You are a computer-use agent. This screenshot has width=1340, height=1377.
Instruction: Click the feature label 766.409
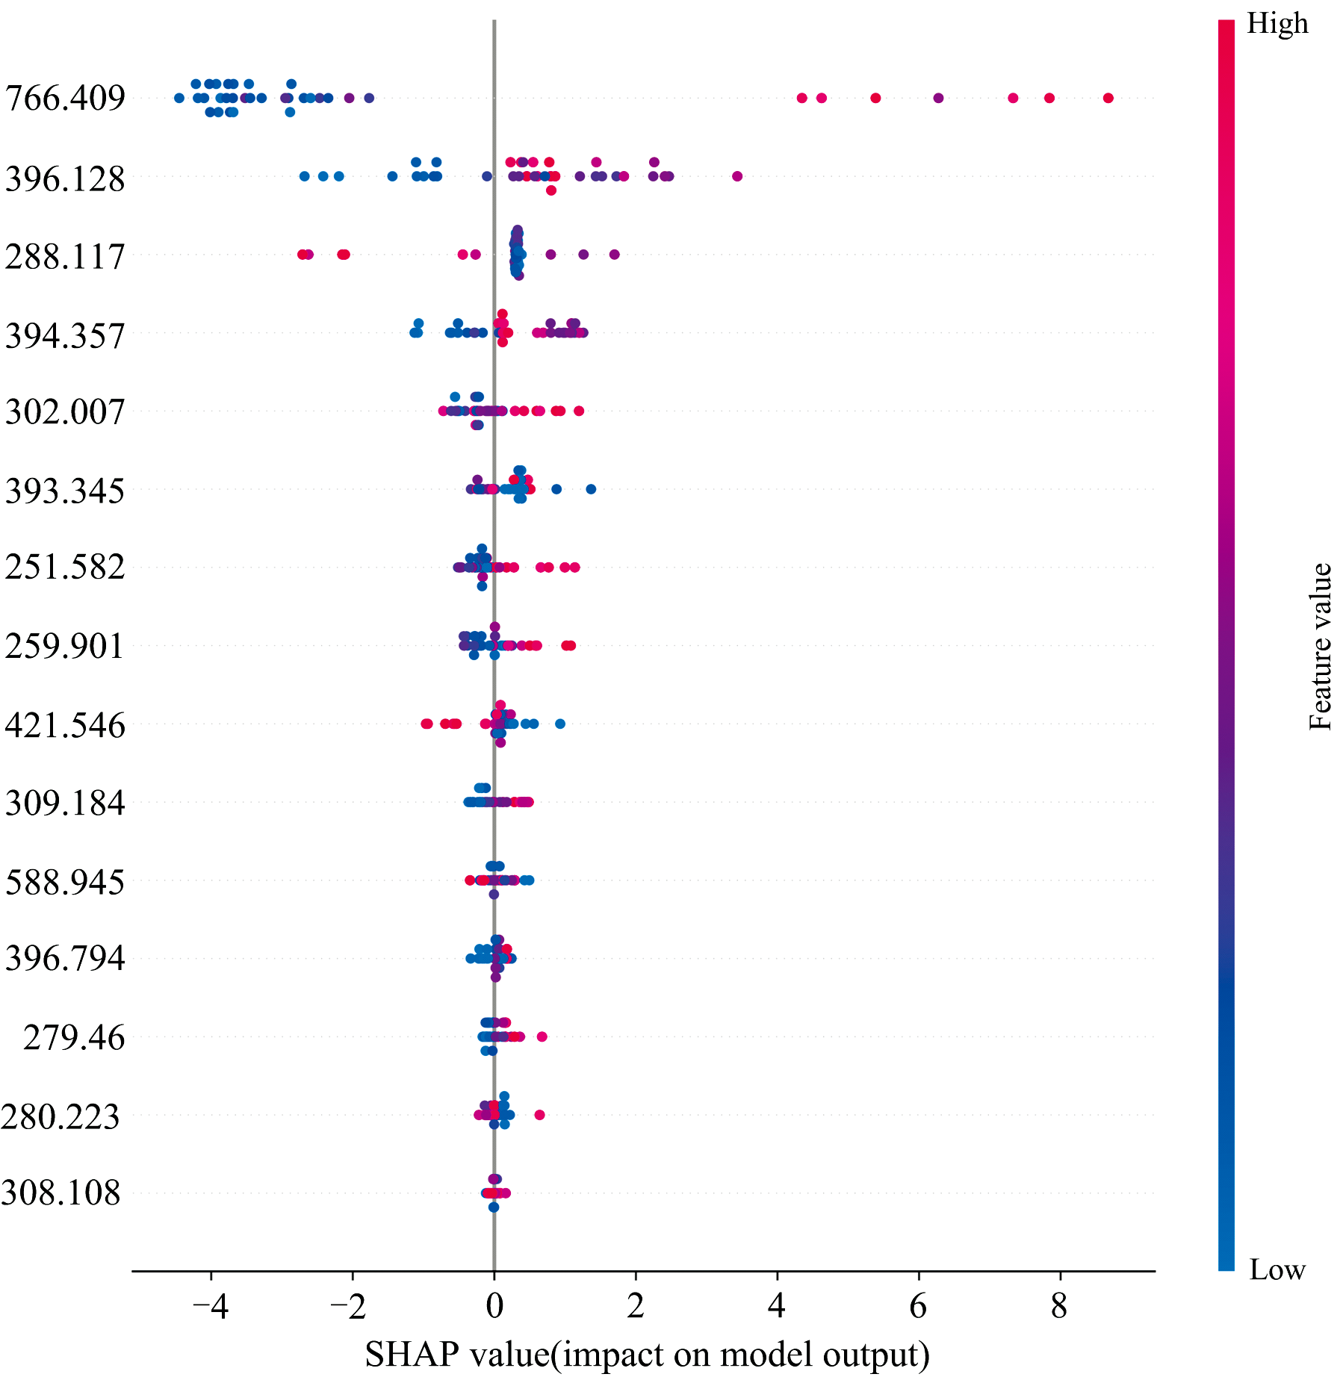(65, 98)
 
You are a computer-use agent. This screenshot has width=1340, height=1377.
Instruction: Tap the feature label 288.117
(65, 257)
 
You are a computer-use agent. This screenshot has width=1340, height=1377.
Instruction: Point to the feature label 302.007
(65, 411)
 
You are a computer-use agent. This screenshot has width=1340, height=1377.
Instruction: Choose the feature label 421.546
(65, 725)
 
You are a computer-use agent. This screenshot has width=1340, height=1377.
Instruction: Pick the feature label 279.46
(74, 1037)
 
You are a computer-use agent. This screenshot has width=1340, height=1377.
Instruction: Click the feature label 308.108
(61, 1193)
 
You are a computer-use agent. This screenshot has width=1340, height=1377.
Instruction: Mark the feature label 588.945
(65, 882)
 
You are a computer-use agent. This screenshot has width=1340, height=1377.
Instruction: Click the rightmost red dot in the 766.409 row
(1108, 98)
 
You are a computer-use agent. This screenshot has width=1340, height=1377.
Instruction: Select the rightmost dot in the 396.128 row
(737, 176)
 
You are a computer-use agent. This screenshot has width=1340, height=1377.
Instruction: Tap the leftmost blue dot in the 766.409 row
(179, 98)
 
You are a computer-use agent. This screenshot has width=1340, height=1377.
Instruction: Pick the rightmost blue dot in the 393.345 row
(591, 489)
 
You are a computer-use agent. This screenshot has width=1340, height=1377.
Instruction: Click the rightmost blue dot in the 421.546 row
(560, 724)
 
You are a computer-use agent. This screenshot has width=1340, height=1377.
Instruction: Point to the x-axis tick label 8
(1059, 1307)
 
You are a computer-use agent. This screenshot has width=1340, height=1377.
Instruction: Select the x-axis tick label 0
(494, 1307)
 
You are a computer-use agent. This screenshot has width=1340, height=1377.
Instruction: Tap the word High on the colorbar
(1277, 24)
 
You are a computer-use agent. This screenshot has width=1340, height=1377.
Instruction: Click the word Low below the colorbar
(1277, 1269)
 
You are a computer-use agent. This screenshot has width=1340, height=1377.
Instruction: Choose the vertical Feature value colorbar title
(1321, 647)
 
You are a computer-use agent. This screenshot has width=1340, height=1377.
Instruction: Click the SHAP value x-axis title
(647, 1354)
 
